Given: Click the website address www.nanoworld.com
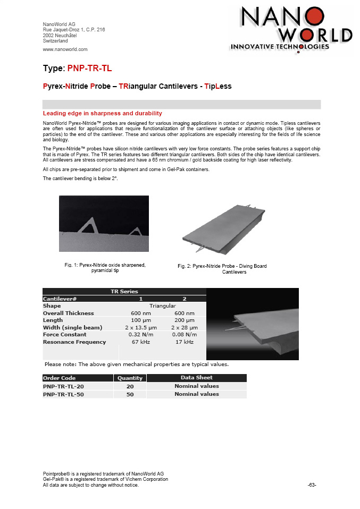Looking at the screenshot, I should tap(65, 49).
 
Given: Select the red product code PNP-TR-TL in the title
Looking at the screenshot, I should tap(90, 69).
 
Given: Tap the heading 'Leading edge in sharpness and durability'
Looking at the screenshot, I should tap(102, 113).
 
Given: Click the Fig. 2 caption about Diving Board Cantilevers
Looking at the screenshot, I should tap(222, 269).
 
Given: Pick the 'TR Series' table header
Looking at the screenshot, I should tap(124, 291).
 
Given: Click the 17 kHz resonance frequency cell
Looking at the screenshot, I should tap(184, 342).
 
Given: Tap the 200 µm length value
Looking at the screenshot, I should tap(185, 320).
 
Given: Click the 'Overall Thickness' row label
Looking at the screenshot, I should tap(68, 313).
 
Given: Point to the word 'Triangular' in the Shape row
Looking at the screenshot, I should tap(163, 306).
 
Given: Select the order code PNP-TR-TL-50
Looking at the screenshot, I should tap(63, 395).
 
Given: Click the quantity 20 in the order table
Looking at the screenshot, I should tap(130, 386).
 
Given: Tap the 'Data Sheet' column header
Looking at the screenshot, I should tap(196, 377).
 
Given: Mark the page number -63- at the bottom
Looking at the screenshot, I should tap(312, 485).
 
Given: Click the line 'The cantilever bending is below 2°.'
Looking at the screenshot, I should tap(80, 179).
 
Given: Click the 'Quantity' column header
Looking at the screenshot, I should tap(130, 378).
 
